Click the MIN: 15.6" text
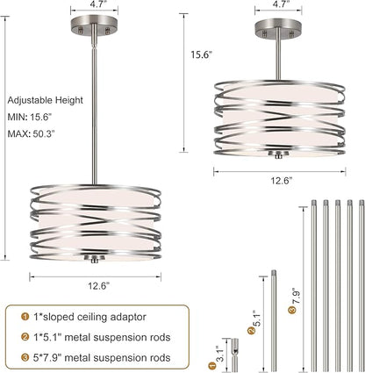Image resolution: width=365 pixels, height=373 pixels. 30,117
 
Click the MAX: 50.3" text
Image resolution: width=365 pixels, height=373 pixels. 32,133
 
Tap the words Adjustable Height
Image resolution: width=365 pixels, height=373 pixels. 46,100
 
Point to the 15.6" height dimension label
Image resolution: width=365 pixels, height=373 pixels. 201,54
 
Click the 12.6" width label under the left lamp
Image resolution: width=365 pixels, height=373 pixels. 99,285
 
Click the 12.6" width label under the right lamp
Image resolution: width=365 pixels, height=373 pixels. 282,181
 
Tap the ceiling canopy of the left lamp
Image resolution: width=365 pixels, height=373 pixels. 94,25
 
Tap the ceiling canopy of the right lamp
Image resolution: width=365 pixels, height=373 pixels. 278,29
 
